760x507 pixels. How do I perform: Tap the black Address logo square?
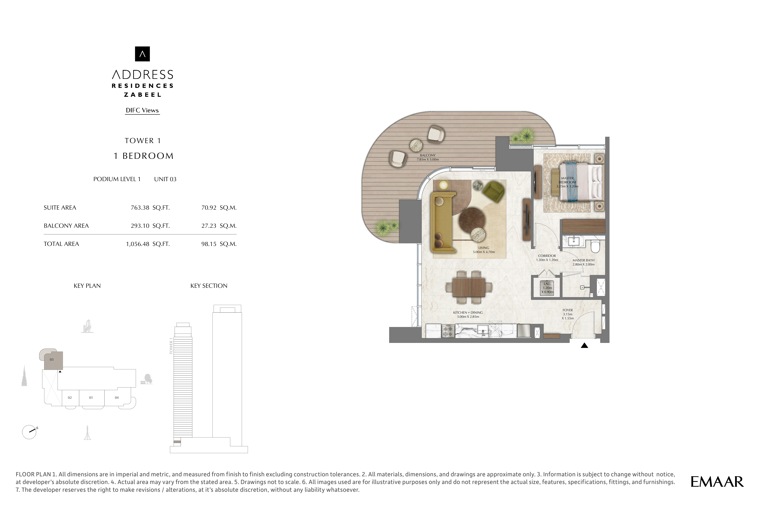[x=142, y=54]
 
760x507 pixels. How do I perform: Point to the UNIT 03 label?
[x=165, y=179]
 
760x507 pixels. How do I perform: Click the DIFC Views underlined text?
[x=142, y=110]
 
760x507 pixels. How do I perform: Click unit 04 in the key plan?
[x=117, y=398]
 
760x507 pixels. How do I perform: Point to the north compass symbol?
[x=29, y=432]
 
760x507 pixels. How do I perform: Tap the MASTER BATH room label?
[x=583, y=260]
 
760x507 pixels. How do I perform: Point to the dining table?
[x=469, y=287]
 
